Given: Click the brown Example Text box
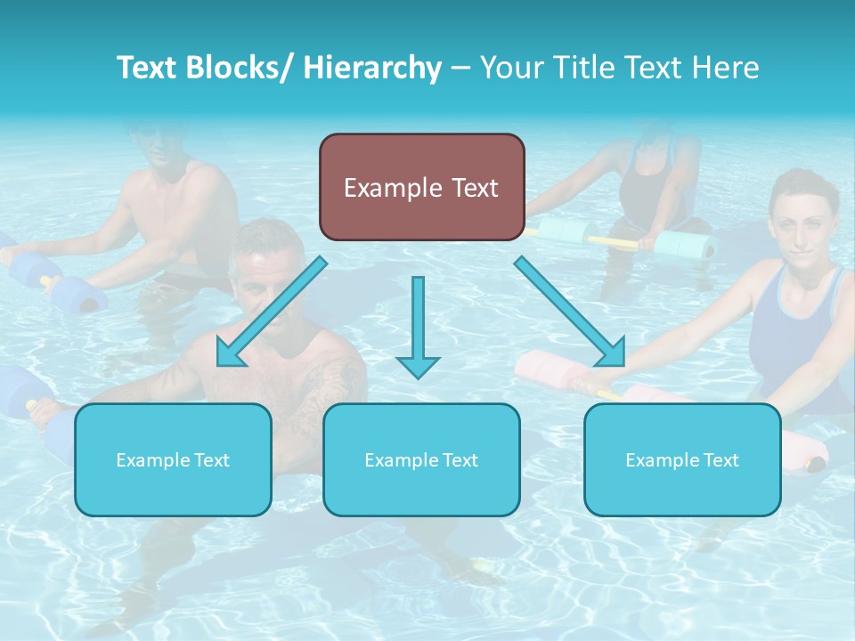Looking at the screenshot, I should [x=421, y=188].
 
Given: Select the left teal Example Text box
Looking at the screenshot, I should [x=173, y=459].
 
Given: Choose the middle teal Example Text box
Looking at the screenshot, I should [x=421, y=459].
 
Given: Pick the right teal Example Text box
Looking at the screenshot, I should [x=682, y=459].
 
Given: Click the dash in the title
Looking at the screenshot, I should [x=460, y=68].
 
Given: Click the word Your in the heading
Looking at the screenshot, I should [x=510, y=68].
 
